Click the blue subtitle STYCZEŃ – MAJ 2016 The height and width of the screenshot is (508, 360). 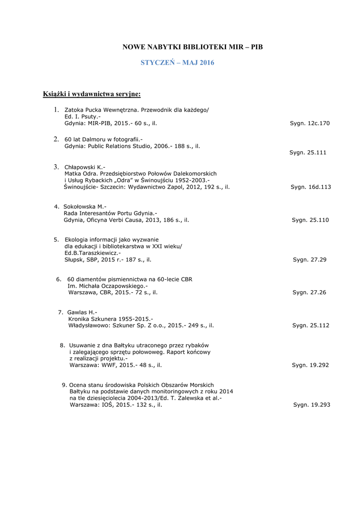coord(177,63)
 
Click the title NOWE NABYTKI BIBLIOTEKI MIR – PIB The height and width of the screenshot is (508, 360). coord(193,47)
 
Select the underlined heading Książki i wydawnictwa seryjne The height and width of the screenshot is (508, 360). coord(91,94)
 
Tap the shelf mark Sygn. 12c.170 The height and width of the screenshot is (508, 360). coord(310,123)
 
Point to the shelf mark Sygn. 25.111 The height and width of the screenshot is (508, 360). coord(308,153)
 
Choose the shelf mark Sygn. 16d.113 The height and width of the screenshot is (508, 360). coord(311,187)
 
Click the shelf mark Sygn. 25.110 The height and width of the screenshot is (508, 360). coord(310,220)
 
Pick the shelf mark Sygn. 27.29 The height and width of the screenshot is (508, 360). coord(310,259)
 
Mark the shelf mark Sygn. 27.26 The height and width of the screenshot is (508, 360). coord(309,293)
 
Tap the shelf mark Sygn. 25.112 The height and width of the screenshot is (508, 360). coord(311,325)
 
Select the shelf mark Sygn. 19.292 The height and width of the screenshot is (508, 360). coord(311,365)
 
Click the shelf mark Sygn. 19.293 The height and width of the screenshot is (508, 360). coord(312,405)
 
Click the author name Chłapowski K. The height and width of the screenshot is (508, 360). coord(85,167)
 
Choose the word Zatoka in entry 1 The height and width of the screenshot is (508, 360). coord(74,110)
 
